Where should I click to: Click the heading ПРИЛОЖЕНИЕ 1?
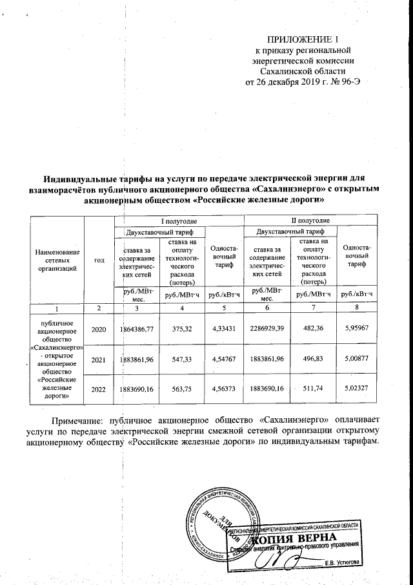tap(303, 39)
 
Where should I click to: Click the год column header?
tap(99, 260)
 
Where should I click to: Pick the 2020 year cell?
tap(99, 330)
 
